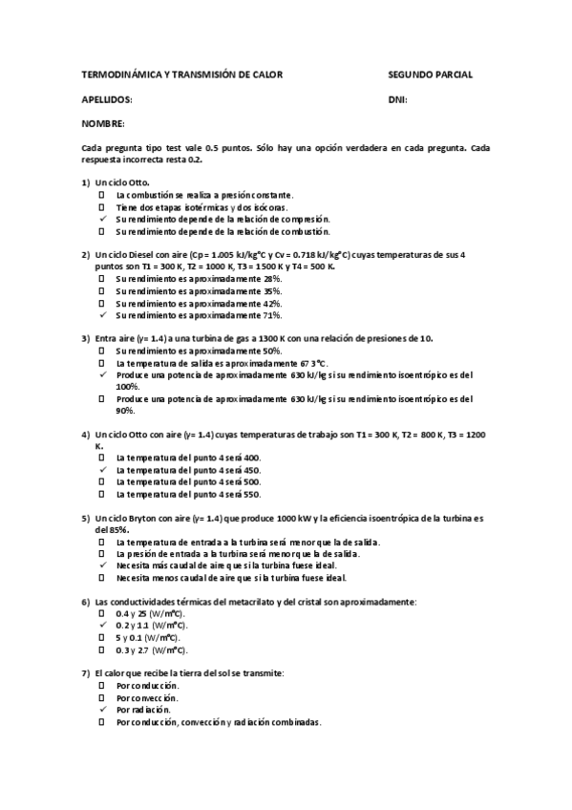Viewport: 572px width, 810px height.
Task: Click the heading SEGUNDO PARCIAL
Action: [431, 74]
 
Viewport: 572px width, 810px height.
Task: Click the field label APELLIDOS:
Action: [107, 99]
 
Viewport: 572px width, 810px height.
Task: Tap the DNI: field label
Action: [398, 99]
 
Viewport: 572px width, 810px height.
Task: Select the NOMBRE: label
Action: [102, 124]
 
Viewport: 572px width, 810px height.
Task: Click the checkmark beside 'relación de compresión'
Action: [102, 219]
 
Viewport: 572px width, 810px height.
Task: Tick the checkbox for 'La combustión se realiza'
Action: [102, 194]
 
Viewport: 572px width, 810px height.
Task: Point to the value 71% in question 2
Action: [271, 315]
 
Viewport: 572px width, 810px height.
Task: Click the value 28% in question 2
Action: [272, 278]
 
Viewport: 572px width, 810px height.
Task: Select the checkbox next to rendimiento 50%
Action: [102, 351]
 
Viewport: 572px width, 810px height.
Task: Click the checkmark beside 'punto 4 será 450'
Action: [102, 470]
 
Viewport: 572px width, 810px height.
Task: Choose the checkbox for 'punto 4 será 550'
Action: [102, 495]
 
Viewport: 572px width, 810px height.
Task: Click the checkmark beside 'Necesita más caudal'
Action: [102, 565]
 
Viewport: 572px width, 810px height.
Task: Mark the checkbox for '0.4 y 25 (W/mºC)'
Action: [102, 613]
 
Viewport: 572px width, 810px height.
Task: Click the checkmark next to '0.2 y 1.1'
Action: [102, 626]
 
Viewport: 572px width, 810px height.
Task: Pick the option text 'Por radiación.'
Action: [144, 711]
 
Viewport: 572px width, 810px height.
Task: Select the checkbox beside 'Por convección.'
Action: [102, 698]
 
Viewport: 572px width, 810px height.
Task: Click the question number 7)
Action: [86, 674]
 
